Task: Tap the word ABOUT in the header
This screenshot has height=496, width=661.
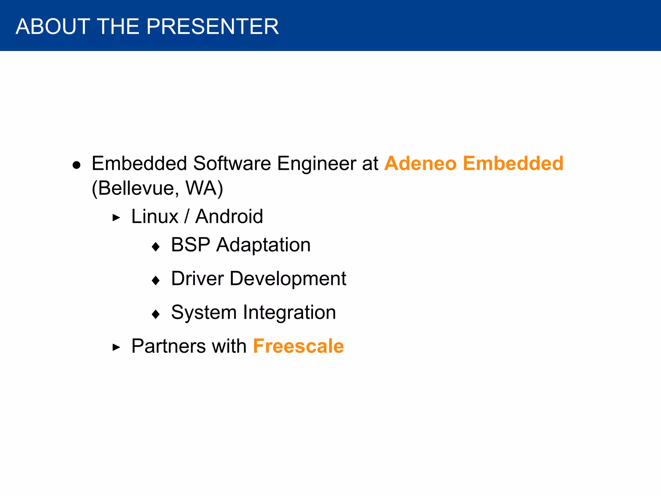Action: (53, 26)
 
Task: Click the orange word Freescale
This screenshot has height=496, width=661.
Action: (298, 346)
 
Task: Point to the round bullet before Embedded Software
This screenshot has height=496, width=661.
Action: (76, 165)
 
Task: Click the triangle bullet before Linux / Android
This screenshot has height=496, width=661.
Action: (116, 218)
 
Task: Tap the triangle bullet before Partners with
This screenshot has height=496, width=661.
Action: (116, 348)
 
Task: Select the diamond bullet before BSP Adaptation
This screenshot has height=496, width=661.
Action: (156, 247)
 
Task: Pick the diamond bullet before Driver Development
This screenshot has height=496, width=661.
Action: (156, 280)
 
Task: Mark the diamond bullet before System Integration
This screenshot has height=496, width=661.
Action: (156, 314)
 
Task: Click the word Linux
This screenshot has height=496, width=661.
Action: (155, 216)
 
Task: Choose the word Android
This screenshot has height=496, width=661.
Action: (229, 216)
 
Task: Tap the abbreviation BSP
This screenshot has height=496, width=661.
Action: (190, 245)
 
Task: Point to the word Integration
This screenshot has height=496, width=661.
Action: (289, 313)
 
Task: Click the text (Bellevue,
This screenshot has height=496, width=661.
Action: (135, 188)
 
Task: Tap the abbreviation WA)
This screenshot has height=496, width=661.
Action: (204, 188)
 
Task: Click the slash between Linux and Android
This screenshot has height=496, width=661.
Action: (187, 216)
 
